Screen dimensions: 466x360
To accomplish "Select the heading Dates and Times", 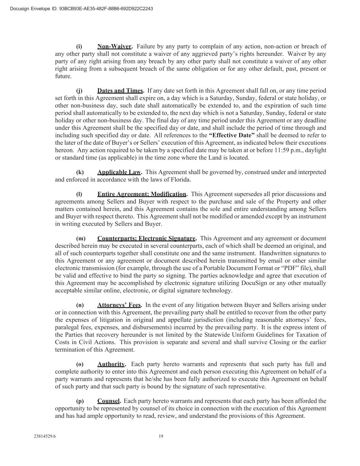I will coord(120,91).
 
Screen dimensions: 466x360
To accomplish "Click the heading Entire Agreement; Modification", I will coord(142,194).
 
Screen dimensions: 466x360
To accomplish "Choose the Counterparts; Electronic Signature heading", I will coord(146,239).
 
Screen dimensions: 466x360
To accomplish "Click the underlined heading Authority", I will coord(111,364).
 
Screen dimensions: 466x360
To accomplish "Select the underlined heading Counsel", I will coord(108,401).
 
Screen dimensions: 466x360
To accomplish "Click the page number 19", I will coord(161,436).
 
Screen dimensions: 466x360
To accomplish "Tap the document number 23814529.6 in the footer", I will coord(45,436).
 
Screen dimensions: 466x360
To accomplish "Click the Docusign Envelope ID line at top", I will coord(82,9).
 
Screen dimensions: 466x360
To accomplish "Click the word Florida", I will coord(181,180).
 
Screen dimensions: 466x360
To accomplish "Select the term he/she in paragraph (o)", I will coord(183,379).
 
